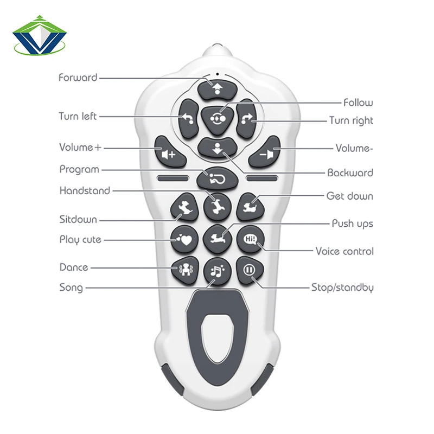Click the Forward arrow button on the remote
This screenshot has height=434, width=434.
coord(217,88)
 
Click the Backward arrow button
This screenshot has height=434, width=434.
coord(217,148)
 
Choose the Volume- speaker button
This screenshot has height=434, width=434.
coord(265,154)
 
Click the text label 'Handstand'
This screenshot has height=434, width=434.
coord(85,190)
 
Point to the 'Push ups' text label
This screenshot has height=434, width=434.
coord(352,224)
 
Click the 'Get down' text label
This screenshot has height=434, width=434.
coord(349,196)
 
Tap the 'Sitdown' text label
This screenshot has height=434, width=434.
coord(78,219)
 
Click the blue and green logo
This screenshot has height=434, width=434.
coord(40,36)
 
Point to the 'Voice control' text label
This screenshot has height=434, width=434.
coord(344,251)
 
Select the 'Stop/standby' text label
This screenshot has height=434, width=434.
coord(342,288)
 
